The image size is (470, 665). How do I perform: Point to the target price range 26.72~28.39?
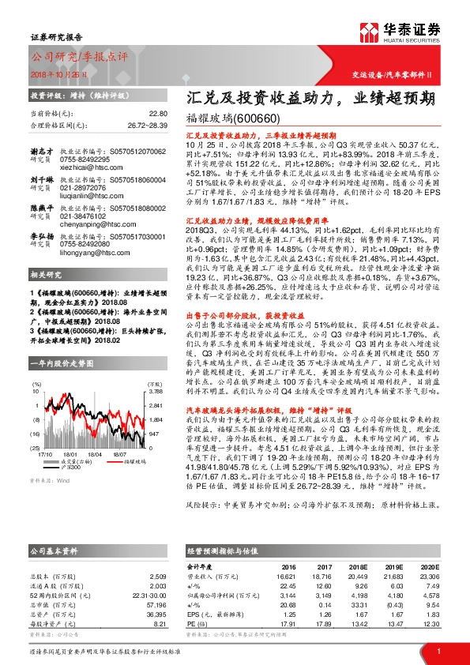click(148, 124)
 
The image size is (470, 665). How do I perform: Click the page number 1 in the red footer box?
click(438, 650)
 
